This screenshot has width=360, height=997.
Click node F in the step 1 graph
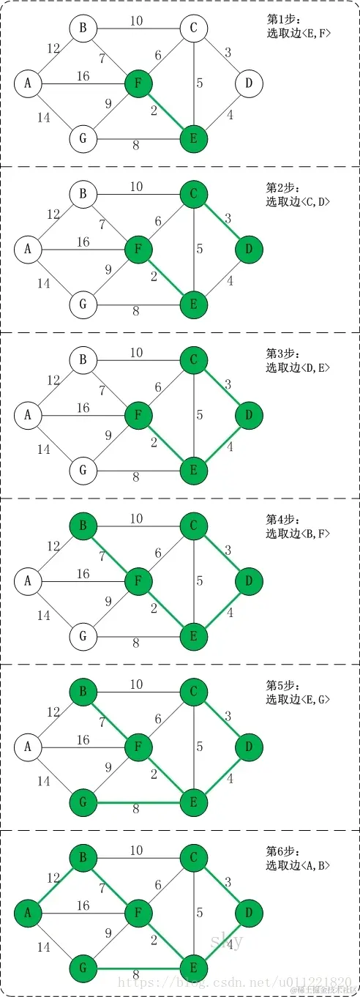(138, 83)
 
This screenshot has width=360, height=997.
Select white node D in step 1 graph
(249, 83)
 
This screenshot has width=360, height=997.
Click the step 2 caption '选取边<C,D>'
(299, 201)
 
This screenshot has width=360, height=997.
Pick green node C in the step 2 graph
(194, 194)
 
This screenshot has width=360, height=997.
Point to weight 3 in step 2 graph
(228, 219)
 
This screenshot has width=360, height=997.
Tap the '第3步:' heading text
(281, 355)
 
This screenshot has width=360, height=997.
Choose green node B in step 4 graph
(83, 526)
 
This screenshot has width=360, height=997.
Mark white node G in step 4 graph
(83, 636)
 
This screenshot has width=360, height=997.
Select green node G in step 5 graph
(83, 802)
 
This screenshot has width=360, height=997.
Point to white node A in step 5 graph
(28, 747)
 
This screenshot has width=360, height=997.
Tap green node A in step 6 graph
(28, 913)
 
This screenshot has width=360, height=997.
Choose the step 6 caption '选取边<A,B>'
(299, 865)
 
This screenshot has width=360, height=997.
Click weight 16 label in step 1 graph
(83, 76)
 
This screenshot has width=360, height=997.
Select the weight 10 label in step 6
(137, 850)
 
